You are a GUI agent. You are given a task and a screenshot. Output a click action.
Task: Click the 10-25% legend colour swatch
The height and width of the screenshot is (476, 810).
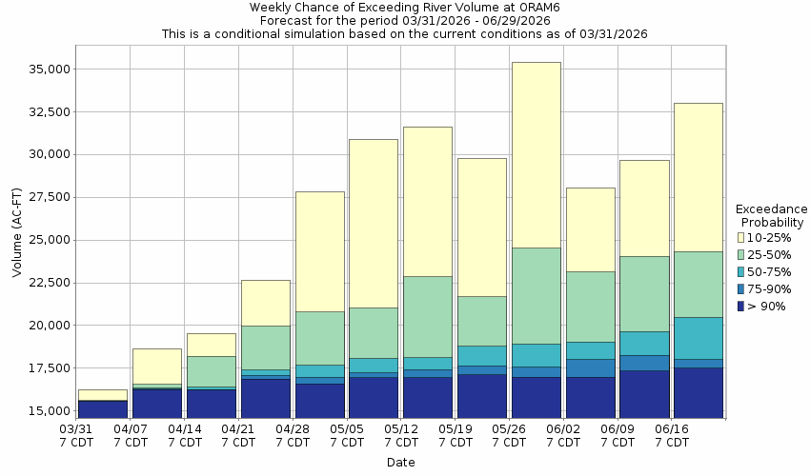click(741, 237)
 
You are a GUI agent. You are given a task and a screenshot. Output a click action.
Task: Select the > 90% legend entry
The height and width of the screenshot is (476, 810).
click(766, 306)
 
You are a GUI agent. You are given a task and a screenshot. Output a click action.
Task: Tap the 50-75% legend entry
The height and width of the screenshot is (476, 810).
click(766, 271)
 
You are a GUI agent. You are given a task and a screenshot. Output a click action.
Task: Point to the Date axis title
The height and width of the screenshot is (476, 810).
click(400, 462)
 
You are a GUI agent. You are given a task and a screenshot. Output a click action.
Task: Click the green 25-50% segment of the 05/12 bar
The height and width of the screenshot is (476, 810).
click(427, 316)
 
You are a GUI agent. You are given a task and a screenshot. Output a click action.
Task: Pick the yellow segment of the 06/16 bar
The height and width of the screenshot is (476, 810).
click(698, 177)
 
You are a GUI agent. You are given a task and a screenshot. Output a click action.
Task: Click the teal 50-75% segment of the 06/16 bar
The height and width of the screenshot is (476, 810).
click(698, 338)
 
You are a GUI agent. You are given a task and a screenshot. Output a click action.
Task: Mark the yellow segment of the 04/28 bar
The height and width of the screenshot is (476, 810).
click(319, 251)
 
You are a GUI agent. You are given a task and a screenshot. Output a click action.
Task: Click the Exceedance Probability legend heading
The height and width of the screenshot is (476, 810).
click(772, 215)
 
